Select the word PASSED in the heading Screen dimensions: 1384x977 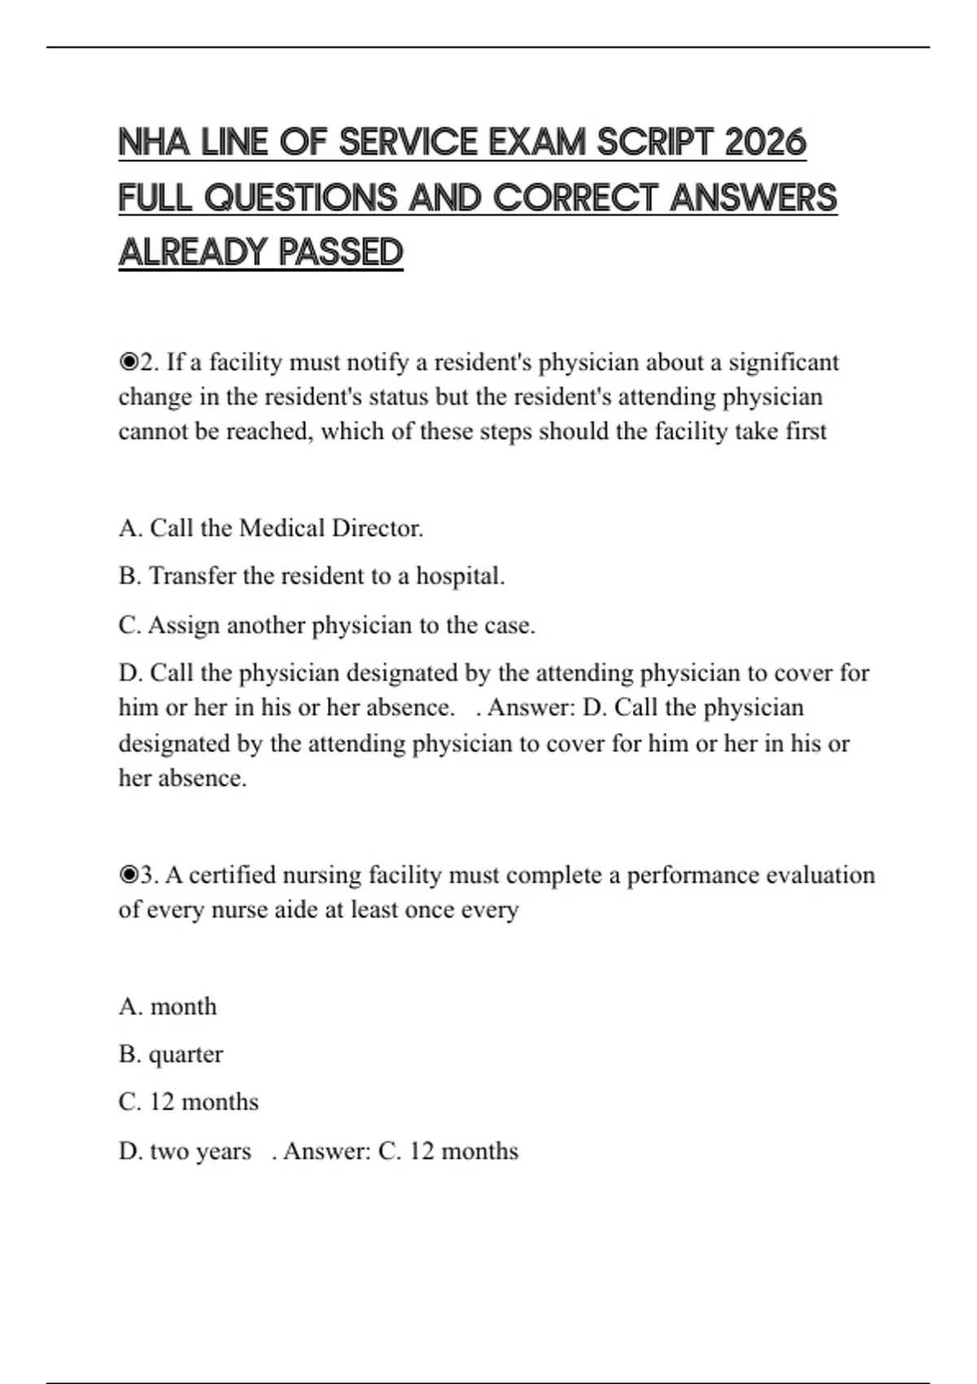(x=341, y=252)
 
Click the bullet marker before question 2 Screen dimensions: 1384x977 (x=129, y=362)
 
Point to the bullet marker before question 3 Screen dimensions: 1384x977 (x=129, y=875)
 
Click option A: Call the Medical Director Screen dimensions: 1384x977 (x=271, y=528)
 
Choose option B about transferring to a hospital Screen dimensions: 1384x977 (x=312, y=576)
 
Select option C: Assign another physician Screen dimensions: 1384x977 (x=326, y=625)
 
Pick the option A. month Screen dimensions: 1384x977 (x=168, y=1007)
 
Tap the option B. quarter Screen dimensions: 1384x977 (x=170, y=1054)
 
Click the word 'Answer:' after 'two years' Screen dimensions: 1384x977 (x=327, y=1151)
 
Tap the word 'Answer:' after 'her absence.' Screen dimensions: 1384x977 (x=532, y=707)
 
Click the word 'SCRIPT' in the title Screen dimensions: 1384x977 (x=655, y=142)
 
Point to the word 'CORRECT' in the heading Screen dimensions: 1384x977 (x=575, y=198)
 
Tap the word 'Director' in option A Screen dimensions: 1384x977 (x=376, y=528)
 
